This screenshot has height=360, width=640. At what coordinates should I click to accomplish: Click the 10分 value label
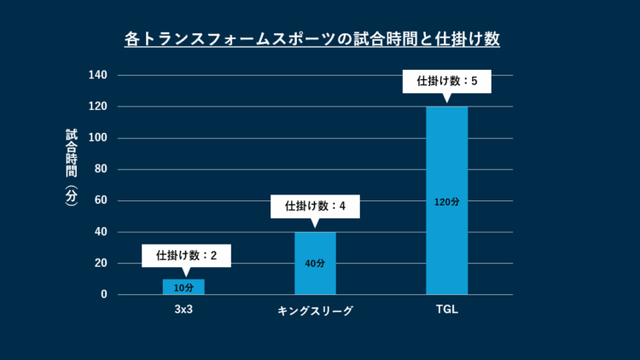point(183,288)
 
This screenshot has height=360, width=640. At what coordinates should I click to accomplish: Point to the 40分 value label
point(315,264)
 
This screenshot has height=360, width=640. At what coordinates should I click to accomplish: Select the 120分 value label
point(446,202)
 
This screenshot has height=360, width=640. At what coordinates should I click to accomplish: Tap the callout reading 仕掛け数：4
point(315,206)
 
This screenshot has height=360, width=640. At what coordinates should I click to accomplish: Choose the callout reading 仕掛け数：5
point(446,82)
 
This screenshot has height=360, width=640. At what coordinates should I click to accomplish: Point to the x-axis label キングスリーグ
point(315,311)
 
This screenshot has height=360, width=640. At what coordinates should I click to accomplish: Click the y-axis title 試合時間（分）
point(72,166)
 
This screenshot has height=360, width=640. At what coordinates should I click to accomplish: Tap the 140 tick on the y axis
point(98,75)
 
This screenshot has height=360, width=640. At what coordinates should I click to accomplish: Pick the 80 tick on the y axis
point(101,169)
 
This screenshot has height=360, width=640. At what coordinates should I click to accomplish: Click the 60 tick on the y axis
point(101,200)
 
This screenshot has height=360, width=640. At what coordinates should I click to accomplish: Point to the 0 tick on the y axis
point(104,294)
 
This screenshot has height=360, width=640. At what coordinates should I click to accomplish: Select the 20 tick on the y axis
point(101,263)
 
